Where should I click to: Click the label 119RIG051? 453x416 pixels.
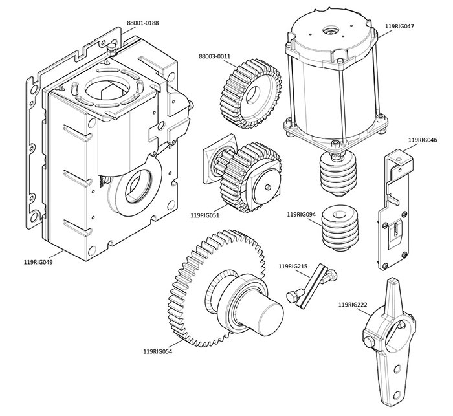coord(209,215)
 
